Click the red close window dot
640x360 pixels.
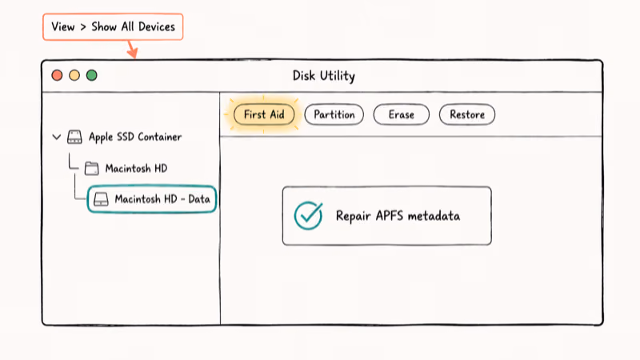coord(57,75)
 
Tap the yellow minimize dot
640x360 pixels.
coord(74,75)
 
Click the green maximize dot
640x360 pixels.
coord(92,75)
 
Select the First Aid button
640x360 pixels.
coord(264,114)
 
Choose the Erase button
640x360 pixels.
coord(402,114)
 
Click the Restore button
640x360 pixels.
coord(467,114)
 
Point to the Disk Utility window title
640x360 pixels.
coord(324,76)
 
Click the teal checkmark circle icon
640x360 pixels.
coord(308,215)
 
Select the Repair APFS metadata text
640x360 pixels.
coord(398,216)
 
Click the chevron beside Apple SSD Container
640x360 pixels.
coord(57,137)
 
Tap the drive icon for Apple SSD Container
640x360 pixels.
coord(74,137)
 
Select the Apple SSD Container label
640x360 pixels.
coord(135,137)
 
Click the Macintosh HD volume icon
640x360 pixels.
coord(91,169)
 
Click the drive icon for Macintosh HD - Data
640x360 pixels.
coord(101,199)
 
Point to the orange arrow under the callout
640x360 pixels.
coord(132,49)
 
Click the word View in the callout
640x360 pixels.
coord(63,27)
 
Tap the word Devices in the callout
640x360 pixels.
coord(157,27)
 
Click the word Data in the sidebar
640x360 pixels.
coord(199,199)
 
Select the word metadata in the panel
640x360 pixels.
coord(434,216)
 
